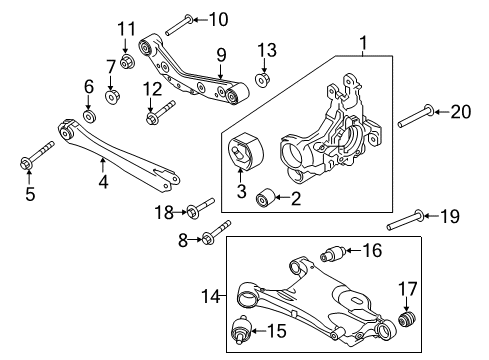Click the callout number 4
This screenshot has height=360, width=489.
(x=102, y=183)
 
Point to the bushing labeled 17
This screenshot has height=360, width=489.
(x=407, y=319)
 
